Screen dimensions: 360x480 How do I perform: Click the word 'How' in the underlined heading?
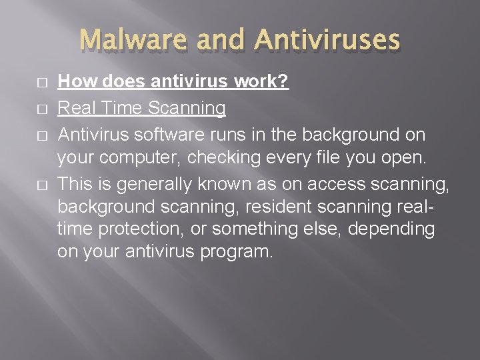73,82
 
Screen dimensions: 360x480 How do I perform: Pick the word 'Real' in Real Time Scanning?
75,108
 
